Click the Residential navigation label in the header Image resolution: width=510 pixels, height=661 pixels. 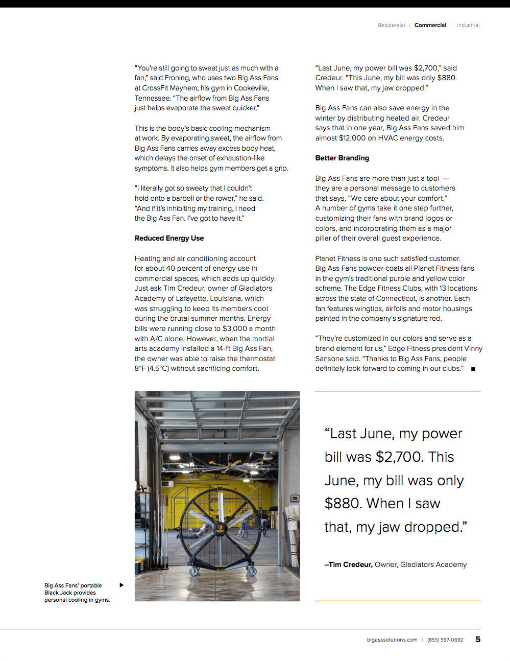click(x=391, y=26)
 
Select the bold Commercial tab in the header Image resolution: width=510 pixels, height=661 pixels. click(x=430, y=26)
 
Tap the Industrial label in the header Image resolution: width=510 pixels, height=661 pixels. click(x=468, y=26)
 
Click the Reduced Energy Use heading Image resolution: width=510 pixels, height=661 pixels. click(x=169, y=239)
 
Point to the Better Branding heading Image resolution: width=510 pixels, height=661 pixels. click(x=342, y=158)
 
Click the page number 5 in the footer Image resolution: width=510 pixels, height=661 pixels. click(x=478, y=640)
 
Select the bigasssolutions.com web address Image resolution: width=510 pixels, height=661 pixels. click(x=392, y=640)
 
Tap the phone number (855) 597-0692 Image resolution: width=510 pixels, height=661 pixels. click(x=445, y=640)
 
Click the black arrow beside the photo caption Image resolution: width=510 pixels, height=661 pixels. click(x=122, y=585)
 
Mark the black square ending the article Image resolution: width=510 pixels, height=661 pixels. click(x=473, y=369)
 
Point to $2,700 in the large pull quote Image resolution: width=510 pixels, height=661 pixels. click(x=398, y=457)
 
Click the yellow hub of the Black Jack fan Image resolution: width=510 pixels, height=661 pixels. click(x=219, y=529)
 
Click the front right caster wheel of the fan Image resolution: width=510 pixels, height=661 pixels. click(x=251, y=571)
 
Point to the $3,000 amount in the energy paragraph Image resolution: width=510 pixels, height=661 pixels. click(x=234, y=329)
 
